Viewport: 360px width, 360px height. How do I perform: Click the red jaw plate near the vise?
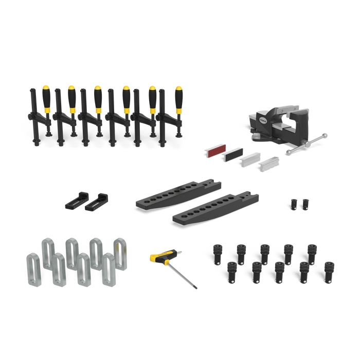[x=215, y=151]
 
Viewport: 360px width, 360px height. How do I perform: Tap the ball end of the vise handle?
[x=326, y=135]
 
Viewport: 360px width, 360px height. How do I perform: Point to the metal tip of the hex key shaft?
[x=195, y=289]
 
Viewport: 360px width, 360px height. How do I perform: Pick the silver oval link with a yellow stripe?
[x=120, y=251]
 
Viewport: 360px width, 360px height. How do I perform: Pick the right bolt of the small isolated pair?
[x=305, y=204]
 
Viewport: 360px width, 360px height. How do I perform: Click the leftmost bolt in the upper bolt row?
[x=219, y=253]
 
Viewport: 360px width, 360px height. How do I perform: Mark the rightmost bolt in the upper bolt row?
[x=312, y=253]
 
